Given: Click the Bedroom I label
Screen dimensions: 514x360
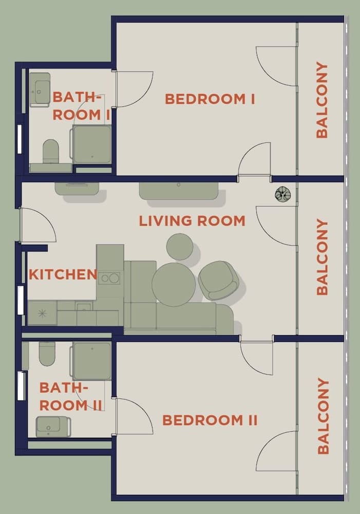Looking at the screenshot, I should point(210,99).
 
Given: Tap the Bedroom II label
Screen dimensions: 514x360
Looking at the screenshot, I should point(210,420).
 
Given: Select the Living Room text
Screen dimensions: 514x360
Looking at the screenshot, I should point(192,221).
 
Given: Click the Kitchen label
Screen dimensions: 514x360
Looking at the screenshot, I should point(63,274).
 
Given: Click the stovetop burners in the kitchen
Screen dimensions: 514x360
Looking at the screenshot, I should point(109,278).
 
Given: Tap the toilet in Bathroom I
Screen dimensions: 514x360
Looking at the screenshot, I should point(50,152).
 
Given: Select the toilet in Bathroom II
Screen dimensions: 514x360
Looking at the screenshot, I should point(47,354).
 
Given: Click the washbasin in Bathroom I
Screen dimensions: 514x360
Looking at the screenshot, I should point(40,89).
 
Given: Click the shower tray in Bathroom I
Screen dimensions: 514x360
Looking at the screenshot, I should point(92,144).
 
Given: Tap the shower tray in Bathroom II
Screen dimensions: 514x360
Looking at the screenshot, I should point(92,361).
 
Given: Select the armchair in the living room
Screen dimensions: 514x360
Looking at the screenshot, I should point(218,280).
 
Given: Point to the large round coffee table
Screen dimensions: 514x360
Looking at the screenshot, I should point(174,284).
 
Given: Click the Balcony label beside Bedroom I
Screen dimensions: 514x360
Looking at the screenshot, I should point(322,100).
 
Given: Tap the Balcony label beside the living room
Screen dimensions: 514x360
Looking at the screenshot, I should point(322,257).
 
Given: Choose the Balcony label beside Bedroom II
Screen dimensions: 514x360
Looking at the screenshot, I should point(323,416).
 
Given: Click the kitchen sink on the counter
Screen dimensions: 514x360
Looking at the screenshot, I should point(84,307).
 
